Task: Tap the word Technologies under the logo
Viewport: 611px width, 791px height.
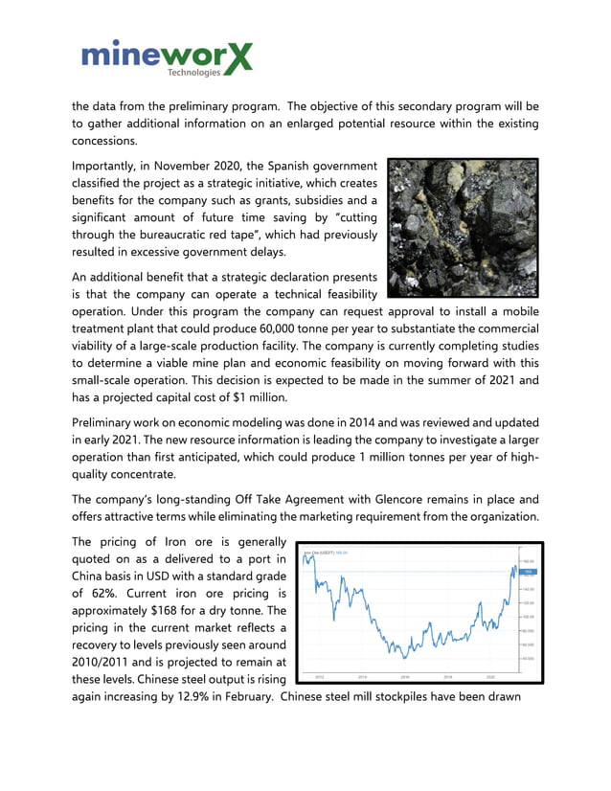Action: (x=193, y=73)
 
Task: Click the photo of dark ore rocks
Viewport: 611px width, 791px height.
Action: (x=463, y=228)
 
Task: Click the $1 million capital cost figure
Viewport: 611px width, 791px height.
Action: (x=258, y=396)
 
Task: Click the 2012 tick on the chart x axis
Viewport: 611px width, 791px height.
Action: (x=320, y=676)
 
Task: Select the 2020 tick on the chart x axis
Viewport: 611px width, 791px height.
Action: (x=490, y=676)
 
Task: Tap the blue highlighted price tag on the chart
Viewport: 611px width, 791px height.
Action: (x=527, y=572)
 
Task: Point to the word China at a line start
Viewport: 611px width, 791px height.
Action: (x=92, y=576)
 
